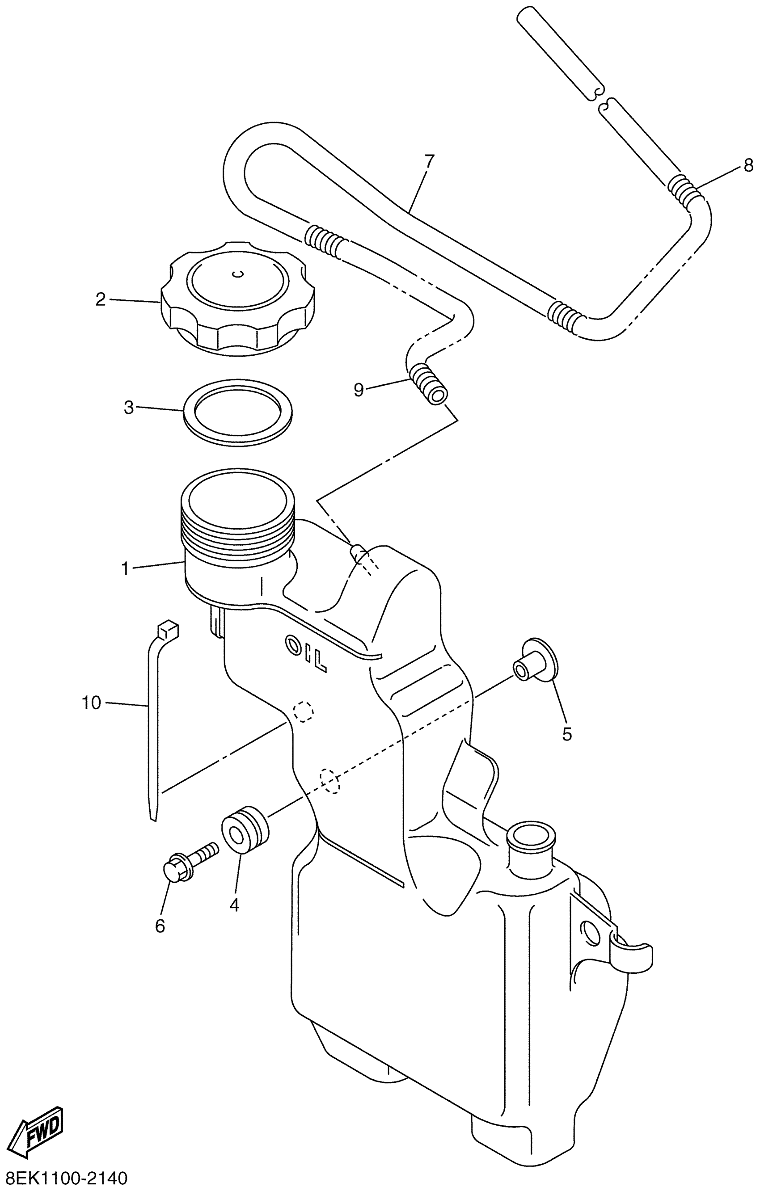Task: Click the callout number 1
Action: (125, 569)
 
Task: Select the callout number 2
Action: (101, 299)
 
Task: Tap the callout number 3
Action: (129, 408)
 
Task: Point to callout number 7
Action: (429, 161)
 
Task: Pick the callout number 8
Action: (748, 165)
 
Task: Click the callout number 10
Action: (92, 703)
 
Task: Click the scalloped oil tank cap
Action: (237, 297)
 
